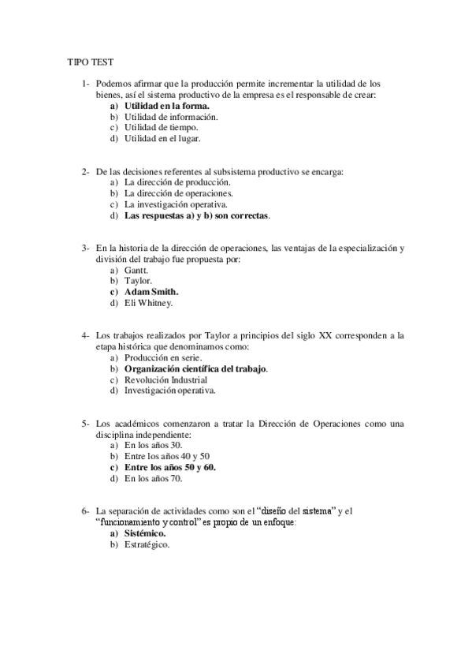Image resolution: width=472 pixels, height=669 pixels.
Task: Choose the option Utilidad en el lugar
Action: (x=162, y=138)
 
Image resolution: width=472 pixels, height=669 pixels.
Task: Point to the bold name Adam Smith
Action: (x=151, y=290)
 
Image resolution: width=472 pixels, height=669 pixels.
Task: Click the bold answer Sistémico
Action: (x=145, y=533)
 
